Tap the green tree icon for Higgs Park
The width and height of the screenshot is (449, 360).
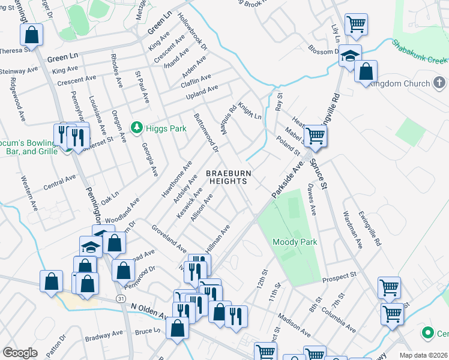pos(137,128)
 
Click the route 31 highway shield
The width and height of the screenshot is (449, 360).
pos(122,299)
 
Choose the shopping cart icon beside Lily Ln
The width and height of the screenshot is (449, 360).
pos(356,25)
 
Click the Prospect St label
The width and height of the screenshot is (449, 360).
pos(339,277)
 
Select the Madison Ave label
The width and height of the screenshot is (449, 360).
pos(294,324)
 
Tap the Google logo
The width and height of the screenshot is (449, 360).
pos(20,353)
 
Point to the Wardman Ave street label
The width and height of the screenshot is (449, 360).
pos(353,229)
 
